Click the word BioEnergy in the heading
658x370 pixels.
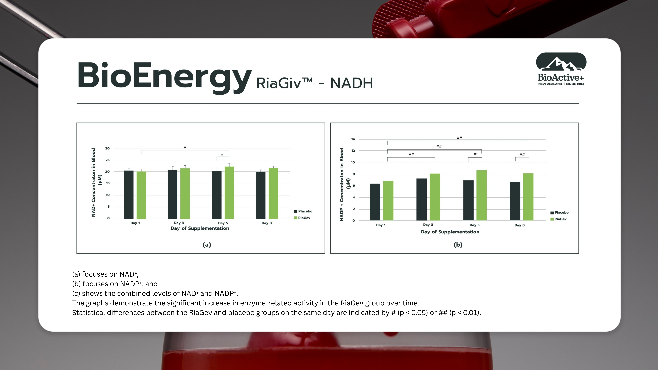coord(164,76)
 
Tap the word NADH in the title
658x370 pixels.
coord(351,83)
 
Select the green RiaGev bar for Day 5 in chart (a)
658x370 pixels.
coord(229,193)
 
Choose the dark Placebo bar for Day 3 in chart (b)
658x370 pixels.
coord(421,199)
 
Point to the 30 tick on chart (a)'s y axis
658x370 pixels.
coord(107,148)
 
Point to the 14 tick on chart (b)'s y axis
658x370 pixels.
coord(353,139)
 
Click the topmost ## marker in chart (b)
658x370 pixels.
coord(459,138)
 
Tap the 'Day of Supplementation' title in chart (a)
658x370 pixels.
coord(200,228)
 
